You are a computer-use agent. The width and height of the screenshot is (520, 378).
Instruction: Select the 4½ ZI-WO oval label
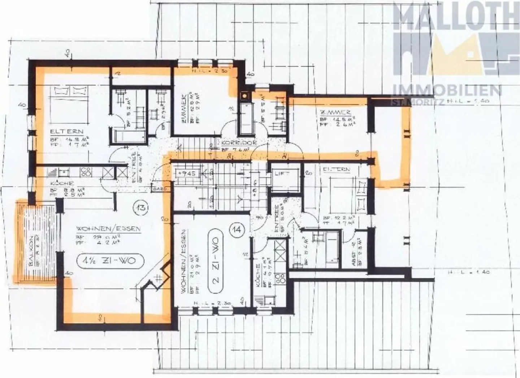point(111,260)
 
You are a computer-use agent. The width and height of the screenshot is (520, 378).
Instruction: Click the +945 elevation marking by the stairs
point(186,173)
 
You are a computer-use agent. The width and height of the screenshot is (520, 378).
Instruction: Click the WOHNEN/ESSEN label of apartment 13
point(108,229)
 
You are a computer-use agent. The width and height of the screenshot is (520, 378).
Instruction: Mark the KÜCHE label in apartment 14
point(258,276)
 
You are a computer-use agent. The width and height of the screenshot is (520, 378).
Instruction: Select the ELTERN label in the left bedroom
point(67,132)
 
